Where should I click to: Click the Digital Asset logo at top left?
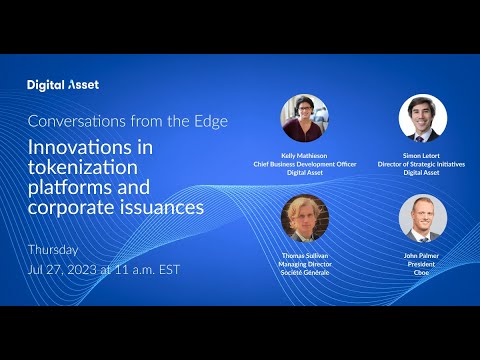pos(63,85)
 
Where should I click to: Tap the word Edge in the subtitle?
pos(208,122)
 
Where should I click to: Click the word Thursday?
pos(52,249)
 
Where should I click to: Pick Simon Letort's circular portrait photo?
pos(422,118)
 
